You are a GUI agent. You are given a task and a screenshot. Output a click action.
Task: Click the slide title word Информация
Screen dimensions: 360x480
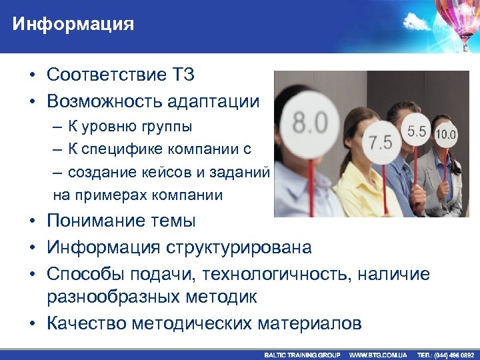(73, 25)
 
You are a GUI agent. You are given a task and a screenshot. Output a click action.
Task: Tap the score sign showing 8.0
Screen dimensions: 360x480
(311, 123)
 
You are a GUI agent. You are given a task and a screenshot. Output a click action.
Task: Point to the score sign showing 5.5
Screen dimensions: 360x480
(416, 132)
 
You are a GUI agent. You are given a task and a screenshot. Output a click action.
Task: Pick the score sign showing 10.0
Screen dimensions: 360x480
(445, 135)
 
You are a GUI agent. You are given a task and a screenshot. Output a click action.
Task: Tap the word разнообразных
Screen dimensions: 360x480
(113, 296)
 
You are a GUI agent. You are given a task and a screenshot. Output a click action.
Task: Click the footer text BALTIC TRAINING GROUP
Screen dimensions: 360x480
(302, 355)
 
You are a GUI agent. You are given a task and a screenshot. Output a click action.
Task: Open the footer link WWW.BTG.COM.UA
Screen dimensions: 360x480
(378, 355)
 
